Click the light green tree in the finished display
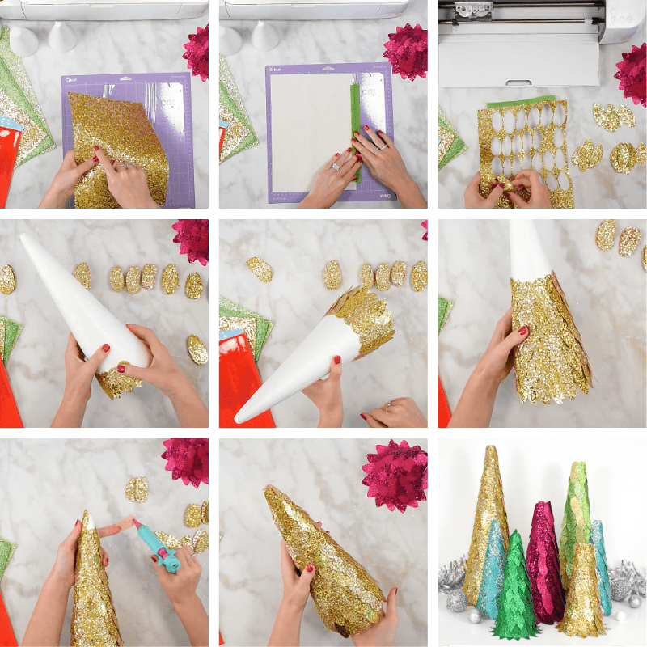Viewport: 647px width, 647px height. pyautogui.click(x=576, y=518)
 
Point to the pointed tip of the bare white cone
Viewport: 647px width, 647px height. pyautogui.click(x=26, y=239)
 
